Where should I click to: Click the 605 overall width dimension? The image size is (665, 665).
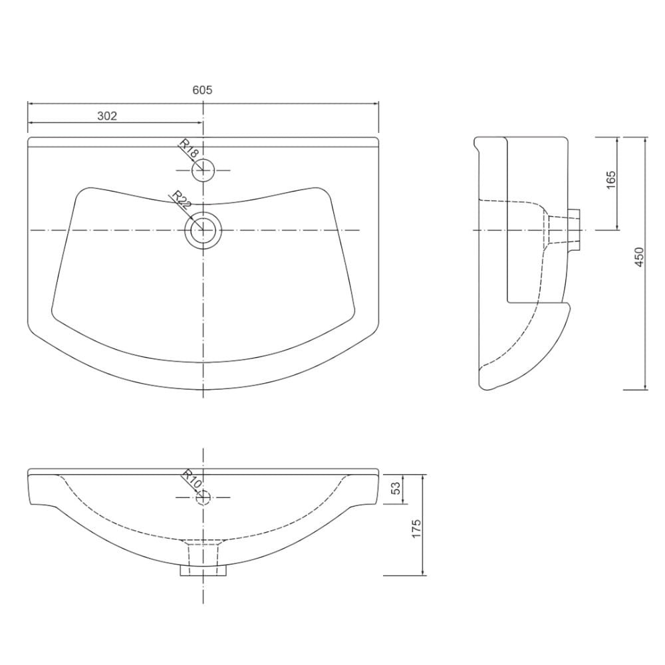point(202,90)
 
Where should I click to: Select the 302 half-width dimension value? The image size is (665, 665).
point(107,116)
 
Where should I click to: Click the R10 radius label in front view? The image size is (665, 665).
point(192,480)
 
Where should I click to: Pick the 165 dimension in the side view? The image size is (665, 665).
point(610,180)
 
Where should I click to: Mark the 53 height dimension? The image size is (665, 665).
point(395,488)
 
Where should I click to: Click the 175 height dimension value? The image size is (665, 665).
point(416,529)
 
